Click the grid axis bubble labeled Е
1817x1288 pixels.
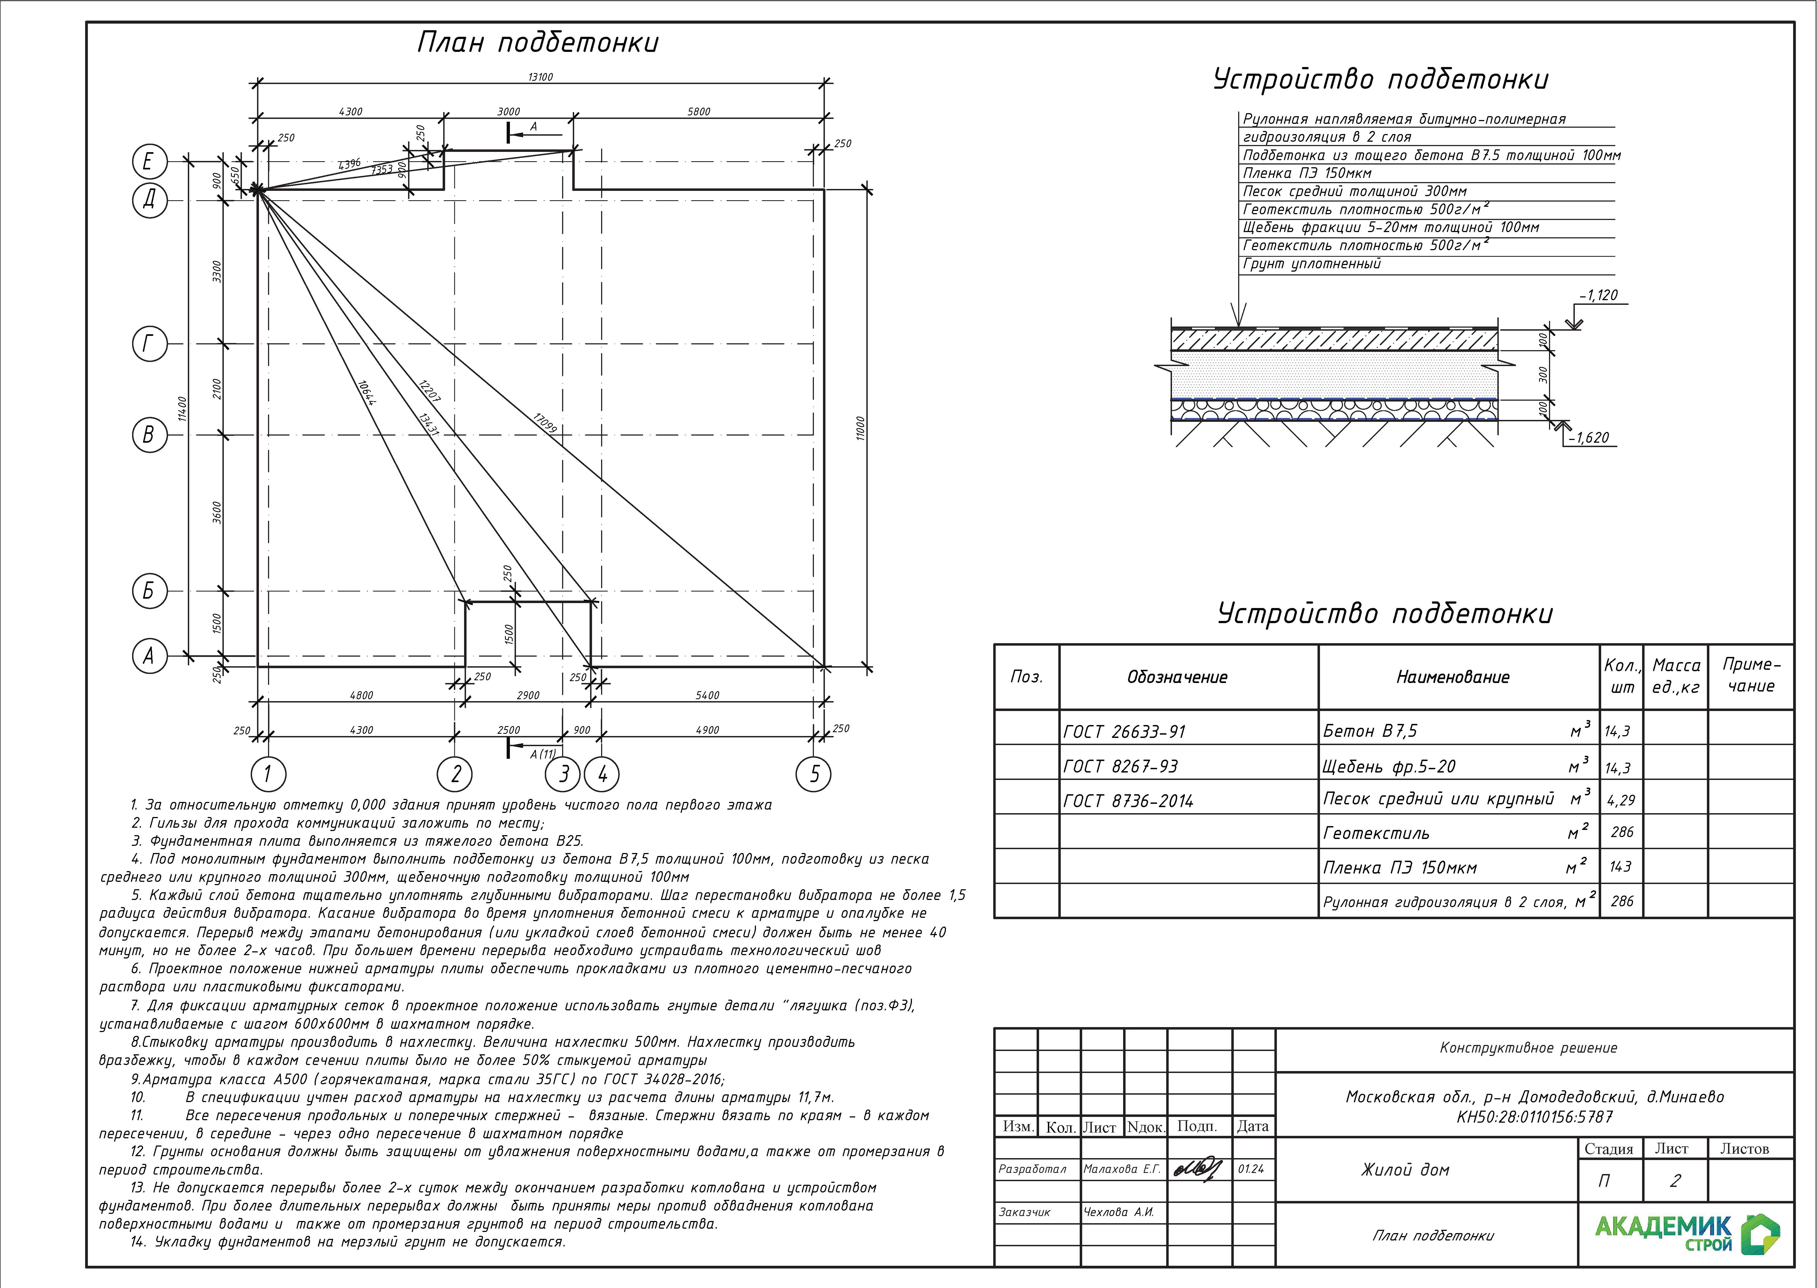[149, 163]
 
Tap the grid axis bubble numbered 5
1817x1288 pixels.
[814, 774]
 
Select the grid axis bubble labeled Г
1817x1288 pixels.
[149, 344]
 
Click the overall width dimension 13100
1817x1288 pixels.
[540, 77]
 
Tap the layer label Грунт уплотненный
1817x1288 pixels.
[1312, 264]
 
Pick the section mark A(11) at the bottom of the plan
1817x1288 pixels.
[543, 754]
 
